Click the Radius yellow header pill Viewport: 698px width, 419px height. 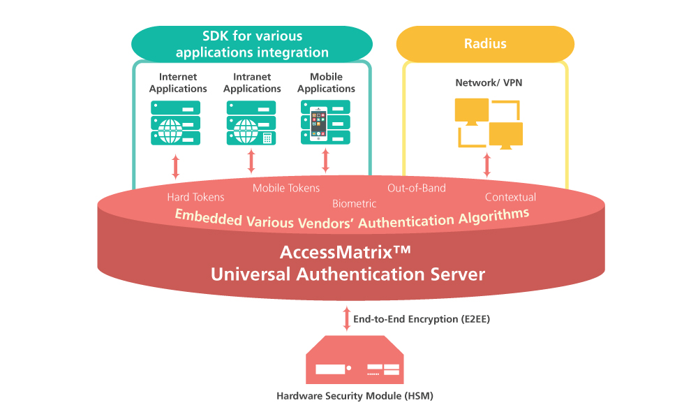coord(485,44)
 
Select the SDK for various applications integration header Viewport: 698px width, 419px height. coord(252,44)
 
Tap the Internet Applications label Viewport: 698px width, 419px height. coord(178,82)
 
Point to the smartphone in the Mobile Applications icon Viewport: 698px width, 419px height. coord(318,124)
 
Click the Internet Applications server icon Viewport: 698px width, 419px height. coord(176,123)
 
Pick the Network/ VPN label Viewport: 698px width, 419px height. coord(489,82)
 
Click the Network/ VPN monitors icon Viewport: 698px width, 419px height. coord(489,123)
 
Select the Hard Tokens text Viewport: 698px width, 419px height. coord(196,197)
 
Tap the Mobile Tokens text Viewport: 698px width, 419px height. coord(286,188)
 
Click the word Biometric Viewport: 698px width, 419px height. coord(354,204)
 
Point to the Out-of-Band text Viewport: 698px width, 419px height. coord(417,188)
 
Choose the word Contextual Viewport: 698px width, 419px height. coord(510,197)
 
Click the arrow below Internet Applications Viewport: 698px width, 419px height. coord(176,166)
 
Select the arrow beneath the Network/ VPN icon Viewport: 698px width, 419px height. coord(487,165)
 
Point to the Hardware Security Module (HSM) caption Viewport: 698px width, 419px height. coord(355,396)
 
